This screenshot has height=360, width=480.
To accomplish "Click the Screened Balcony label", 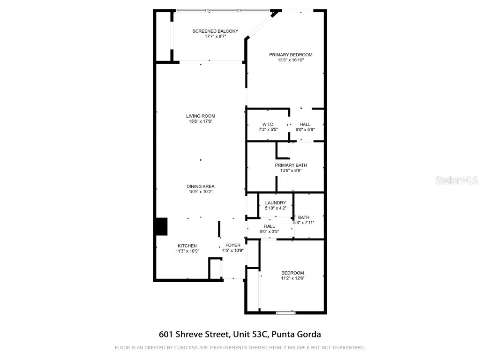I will (x=215, y=31).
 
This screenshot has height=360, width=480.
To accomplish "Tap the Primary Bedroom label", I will (x=291, y=55).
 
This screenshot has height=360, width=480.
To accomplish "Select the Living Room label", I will (x=201, y=116).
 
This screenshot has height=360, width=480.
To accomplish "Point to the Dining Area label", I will (x=201, y=186).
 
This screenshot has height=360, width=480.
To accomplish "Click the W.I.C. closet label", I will (x=268, y=124).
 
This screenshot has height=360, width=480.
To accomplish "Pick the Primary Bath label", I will (x=291, y=165).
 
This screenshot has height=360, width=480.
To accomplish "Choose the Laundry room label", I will (x=276, y=202).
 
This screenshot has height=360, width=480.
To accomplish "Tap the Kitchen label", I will (x=187, y=246).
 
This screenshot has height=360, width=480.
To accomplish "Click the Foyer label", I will (x=233, y=245).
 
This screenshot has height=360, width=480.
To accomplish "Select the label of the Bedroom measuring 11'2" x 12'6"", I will (x=292, y=273).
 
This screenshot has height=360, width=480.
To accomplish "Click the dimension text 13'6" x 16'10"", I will (x=291, y=60).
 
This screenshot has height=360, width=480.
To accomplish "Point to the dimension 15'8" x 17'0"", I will (x=201, y=121).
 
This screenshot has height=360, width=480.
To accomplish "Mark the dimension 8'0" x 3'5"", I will (x=270, y=232).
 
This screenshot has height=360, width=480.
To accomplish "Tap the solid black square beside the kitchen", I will (x=161, y=226).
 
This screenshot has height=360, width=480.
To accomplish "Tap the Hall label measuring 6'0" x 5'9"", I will (x=305, y=124).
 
